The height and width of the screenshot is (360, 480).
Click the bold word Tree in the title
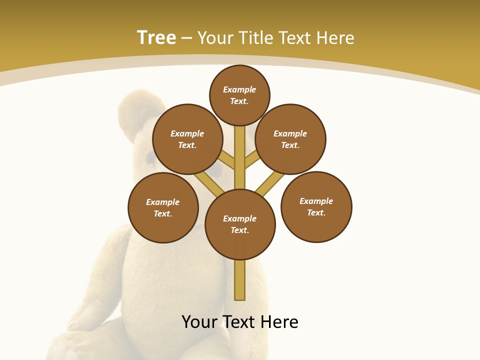point(156,37)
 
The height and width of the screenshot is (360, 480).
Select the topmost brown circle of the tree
point(239,95)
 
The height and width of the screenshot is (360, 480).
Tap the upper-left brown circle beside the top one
point(187,139)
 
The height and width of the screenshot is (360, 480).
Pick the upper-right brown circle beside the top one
point(290,139)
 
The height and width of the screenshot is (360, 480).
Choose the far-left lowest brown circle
point(163,207)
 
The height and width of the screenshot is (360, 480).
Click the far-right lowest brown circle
point(316,207)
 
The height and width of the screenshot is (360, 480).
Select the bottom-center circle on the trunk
point(240,224)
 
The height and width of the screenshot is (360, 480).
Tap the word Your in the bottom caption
point(200,322)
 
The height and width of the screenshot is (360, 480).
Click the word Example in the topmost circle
point(239,89)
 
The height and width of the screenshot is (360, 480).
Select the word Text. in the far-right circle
point(316,212)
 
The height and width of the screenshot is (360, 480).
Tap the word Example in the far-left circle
point(163,202)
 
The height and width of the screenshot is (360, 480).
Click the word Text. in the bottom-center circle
point(240,230)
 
